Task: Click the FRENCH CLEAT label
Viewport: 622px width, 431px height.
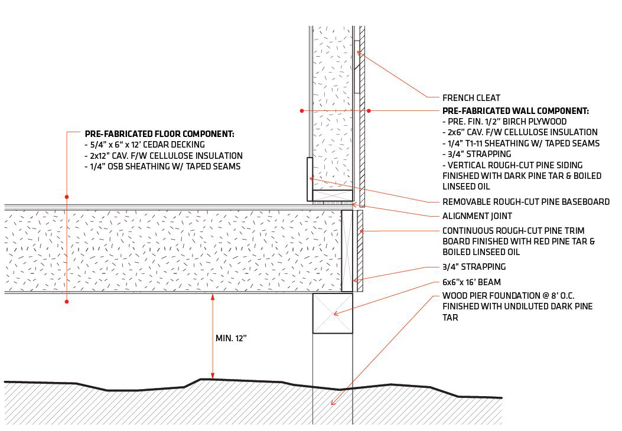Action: click(x=471, y=98)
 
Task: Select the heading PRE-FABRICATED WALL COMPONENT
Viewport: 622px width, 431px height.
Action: click(x=515, y=111)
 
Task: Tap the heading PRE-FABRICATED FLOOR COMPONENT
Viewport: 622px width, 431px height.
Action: click(x=159, y=134)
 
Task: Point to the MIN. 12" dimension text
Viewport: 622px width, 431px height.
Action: click(x=231, y=338)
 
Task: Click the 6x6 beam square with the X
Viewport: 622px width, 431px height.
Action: click(x=333, y=313)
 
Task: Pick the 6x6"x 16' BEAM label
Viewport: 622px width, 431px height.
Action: click(x=471, y=282)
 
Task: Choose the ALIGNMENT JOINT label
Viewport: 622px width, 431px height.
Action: click(x=477, y=216)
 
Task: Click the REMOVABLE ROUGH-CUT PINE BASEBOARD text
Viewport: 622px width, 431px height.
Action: click(x=526, y=202)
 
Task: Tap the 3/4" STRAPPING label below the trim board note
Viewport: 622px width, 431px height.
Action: click(x=474, y=267)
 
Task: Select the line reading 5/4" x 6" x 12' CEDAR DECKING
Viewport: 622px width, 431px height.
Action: click(x=145, y=145)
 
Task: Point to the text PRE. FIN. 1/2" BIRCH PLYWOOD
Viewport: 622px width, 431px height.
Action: click(x=504, y=122)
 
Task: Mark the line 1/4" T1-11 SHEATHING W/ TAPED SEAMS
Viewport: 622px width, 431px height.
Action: click(x=521, y=143)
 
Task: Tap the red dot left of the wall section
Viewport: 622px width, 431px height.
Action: click(x=302, y=110)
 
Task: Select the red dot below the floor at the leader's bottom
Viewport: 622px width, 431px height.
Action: click(x=67, y=302)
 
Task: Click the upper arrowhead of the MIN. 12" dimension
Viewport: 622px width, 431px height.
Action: click(x=213, y=296)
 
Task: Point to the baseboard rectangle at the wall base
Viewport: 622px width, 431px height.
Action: click(x=310, y=179)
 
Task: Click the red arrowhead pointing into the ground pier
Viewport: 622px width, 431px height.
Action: click(x=333, y=403)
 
